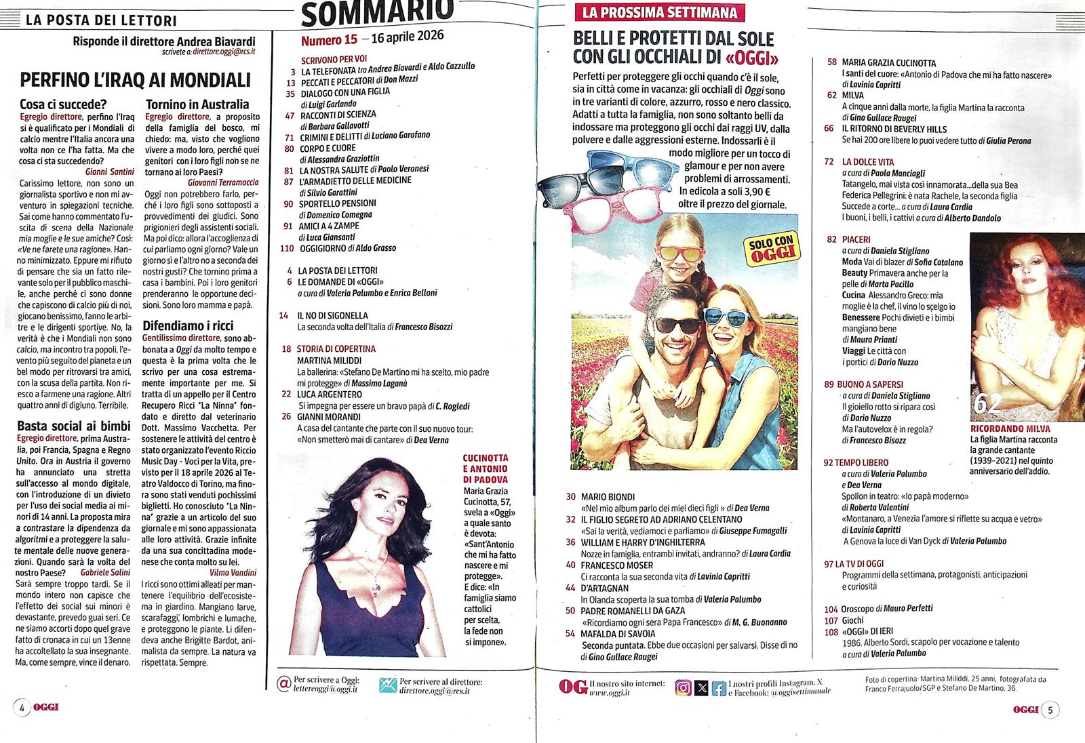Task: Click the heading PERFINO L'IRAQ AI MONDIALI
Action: tap(136, 80)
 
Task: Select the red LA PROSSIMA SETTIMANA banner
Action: tap(655, 12)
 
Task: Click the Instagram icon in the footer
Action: tap(683, 687)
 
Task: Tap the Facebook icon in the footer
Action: tap(719, 687)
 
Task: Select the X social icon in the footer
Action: tap(701, 687)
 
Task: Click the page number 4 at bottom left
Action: tap(22, 708)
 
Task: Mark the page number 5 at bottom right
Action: tap(1050, 709)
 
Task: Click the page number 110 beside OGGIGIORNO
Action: tap(287, 248)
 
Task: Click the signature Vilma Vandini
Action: tap(234, 573)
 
